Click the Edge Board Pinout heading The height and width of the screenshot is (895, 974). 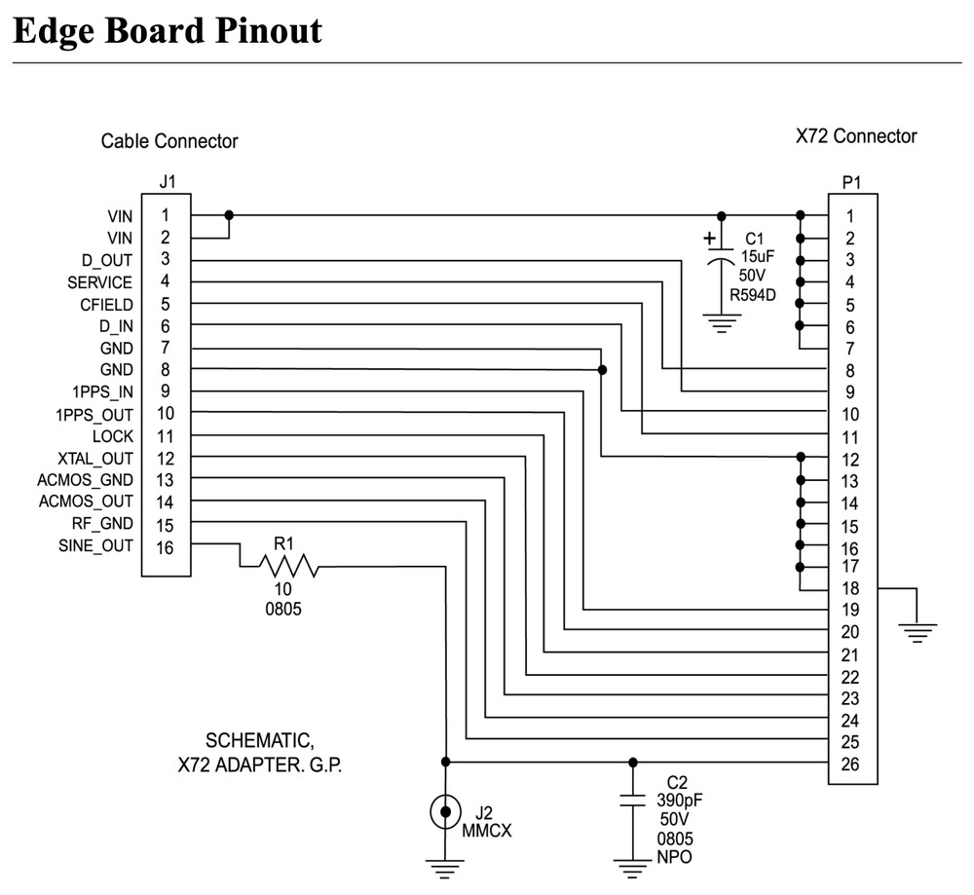[167, 30]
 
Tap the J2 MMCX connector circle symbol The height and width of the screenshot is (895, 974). [446, 809]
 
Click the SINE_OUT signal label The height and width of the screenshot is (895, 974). [95, 545]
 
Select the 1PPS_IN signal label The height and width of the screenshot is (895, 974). [101, 392]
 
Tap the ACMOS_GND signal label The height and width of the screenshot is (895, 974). [86, 479]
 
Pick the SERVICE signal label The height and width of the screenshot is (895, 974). [99, 282]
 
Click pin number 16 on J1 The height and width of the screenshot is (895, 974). [166, 546]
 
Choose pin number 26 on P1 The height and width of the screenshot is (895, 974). [850, 764]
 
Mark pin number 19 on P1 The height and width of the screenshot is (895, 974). [850, 610]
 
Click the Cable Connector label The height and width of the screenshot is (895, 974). [169, 141]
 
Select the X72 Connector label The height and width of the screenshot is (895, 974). [856, 136]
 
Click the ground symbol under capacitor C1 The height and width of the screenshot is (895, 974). [721, 324]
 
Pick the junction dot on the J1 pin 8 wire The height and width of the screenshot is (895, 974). [603, 370]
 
